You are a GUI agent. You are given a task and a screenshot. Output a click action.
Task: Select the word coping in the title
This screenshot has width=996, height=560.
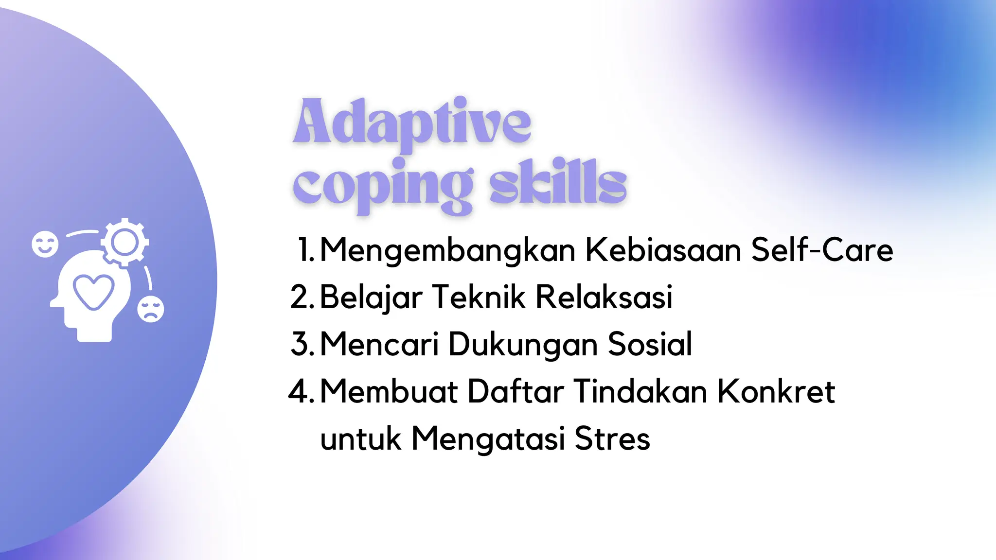point(383,185)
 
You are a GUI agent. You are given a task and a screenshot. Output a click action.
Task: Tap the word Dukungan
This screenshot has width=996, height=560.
point(523,345)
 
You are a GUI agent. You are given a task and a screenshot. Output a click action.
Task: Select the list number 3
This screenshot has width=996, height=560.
point(302,344)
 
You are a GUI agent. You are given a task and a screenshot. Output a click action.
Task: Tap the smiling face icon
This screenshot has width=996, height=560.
point(45,244)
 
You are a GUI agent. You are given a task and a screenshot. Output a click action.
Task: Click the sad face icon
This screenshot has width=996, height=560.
point(151,309)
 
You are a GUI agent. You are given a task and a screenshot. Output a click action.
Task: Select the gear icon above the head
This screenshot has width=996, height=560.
point(125,242)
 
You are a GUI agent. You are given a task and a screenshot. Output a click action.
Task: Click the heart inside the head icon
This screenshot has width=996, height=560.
point(93,291)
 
